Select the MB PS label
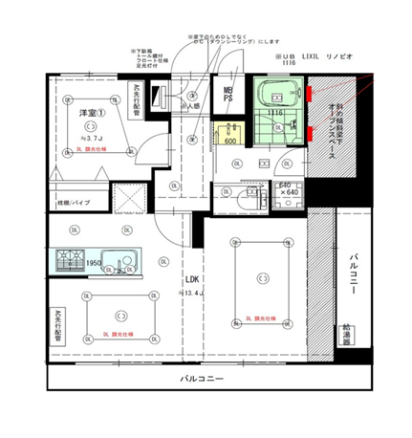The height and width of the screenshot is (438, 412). click(229, 92)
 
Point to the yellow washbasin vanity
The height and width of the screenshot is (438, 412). click(230, 130)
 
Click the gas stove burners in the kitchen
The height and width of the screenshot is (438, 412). click(71, 259)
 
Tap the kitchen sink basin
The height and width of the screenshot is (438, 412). click(119, 260)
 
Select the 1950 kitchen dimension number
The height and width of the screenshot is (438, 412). click(94, 264)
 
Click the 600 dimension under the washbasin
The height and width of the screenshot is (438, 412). click(229, 142)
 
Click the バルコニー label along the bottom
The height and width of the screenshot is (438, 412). click(201, 380)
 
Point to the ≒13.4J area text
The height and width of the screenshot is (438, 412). click(194, 293)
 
